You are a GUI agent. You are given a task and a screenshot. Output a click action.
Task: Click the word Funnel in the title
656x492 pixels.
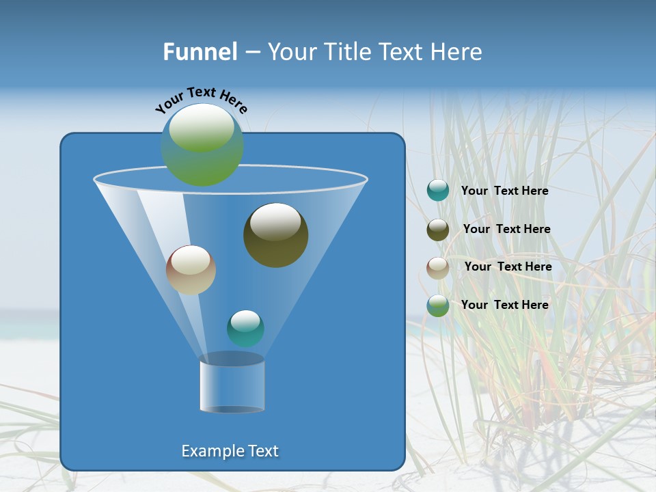pos(200,52)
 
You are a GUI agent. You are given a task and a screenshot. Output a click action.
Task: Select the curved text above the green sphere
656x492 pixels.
pos(202,99)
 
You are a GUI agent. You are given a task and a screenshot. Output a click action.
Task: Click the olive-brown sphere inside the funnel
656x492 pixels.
pos(275,236)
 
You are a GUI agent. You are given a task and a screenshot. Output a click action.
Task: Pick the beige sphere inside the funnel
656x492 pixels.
pos(191,270)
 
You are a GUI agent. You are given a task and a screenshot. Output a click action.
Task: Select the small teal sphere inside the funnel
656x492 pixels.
pos(245,328)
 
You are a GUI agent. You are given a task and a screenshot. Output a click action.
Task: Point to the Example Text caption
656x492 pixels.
pos(230,451)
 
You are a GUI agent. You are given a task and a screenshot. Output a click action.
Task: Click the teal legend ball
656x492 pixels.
pos(438,191)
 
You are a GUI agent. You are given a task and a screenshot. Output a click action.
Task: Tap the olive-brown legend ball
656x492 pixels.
pos(438,230)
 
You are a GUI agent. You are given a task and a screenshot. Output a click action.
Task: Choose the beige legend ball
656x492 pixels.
pos(438,267)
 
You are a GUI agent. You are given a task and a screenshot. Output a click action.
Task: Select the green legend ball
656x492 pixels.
pos(438,305)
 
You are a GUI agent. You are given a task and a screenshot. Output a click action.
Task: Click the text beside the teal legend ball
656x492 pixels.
pos(504,191)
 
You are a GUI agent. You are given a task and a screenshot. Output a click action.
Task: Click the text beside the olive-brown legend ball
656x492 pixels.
pos(506,230)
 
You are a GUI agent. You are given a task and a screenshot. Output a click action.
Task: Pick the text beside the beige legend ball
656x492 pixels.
pos(508,267)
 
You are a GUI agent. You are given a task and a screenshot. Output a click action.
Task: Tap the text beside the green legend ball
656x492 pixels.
pos(504,305)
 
